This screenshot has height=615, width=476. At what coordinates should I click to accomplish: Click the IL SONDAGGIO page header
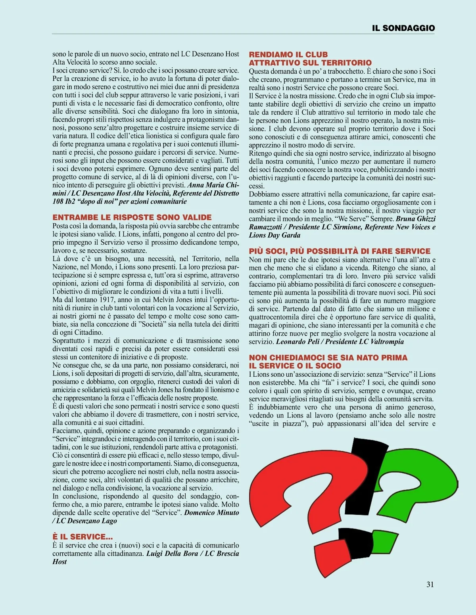coord(403,28)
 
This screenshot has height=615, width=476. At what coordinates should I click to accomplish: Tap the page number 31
coord(430,584)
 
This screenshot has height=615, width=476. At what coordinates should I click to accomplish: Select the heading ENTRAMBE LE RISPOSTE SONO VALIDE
coord(132,217)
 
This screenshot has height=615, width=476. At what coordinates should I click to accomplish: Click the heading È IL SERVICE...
coord(83,536)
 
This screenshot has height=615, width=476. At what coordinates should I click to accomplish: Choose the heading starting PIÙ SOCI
coord(340,251)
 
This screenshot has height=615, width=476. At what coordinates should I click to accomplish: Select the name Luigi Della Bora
coord(172,554)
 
